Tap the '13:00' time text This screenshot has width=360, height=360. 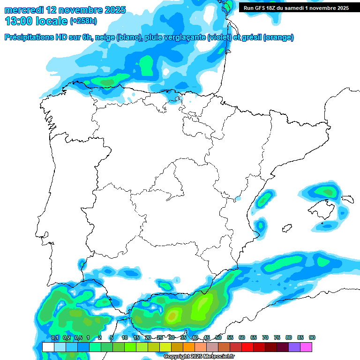tap(19, 21)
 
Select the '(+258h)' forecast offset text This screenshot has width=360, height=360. tap(83, 21)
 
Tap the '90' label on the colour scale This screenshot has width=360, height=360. tap(312, 337)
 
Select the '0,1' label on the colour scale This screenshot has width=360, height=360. tap(54, 337)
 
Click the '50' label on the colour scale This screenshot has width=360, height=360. tap(218, 337)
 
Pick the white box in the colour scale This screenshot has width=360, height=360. tap(48, 347)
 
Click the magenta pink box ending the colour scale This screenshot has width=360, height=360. tap(306, 347)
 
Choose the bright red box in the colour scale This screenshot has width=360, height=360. tap(247, 347)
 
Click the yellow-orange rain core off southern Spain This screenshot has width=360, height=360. tap(172, 315)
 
